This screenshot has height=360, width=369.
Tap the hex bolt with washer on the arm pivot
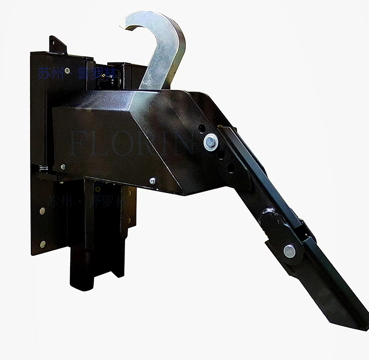click(211, 142)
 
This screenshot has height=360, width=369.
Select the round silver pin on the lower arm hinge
click(289, 251)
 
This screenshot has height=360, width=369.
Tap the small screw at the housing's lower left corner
click(63, 167)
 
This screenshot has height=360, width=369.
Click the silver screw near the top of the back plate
click(67, 71)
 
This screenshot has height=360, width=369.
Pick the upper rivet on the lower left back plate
click(42, 211)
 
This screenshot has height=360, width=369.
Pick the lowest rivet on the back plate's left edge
click(42, 244)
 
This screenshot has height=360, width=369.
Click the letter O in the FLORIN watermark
click(129, 145)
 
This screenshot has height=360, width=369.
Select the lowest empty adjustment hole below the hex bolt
click(231, 168)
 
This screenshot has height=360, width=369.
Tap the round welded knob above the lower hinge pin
click(267, 217)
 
